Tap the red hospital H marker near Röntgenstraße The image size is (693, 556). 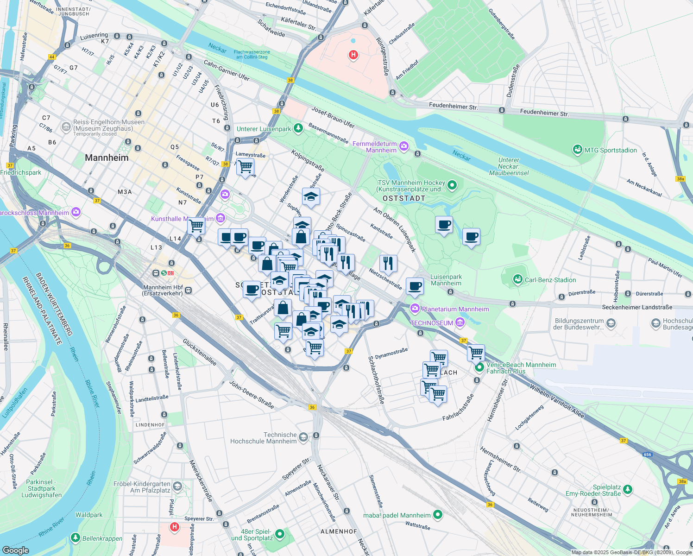click(353, 55)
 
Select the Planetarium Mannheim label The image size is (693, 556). click(455, 309)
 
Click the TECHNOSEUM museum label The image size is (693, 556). click(432, 323)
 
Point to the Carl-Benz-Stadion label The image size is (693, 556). click(550, 280)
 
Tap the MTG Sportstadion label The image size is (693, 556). click(610, 150)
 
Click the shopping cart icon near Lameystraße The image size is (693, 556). click(245, 166)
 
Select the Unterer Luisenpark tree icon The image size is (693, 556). click(298, 128)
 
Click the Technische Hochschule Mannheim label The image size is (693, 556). click(264, 438)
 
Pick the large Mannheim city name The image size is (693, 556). click(107, 158)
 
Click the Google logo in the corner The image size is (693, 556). click(16, 550)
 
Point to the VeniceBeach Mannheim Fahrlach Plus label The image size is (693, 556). click(521, 368)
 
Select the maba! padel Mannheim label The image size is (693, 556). click(397, 515)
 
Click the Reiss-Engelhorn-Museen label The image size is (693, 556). click(108, 125)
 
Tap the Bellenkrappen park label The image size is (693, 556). click(102, 538)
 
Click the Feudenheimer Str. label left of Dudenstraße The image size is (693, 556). click(453, 106)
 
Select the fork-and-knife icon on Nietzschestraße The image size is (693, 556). click(388, 263)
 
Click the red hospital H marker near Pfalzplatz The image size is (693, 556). click(175, 527)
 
